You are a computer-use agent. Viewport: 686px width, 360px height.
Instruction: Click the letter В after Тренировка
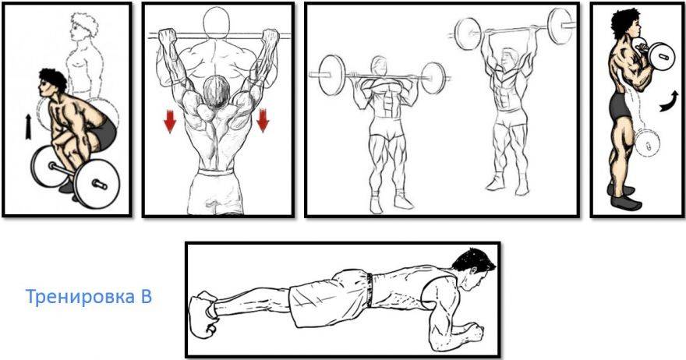pyautogui.click(x=147, y=297)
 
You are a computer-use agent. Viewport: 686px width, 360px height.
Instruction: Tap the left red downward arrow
pyautogui.click(x=169, y=121)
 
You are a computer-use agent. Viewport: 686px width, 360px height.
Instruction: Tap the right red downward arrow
pyautogui.click(x=263, y=120)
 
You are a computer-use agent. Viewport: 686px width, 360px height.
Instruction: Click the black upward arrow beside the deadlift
pyautogui.click(x=28, y=127)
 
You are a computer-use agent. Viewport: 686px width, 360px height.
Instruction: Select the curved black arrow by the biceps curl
pyautogui.click(x=670, y=101)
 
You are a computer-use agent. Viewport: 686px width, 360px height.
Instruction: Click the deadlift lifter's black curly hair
pyautogui.click(x=52, y=79)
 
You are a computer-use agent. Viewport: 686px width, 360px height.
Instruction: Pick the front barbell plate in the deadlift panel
pyautogui.click(x=96, y=183)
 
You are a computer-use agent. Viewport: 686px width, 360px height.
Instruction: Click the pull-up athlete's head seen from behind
pyautogui.click(x=217, y=91)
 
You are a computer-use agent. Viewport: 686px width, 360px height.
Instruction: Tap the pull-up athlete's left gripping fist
pyautogui.click(x=166, y=37)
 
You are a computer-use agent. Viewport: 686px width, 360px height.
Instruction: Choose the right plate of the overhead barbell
pyautogui.click(x=560, y=26)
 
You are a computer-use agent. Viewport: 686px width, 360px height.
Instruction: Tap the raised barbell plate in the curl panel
pyautogui.click(x=661, y=56)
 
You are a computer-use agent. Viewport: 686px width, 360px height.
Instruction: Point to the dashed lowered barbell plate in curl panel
pyautogui.click(x=646, y=143)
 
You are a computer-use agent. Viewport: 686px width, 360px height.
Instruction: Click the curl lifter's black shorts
pyautogui.click(x=620, y=106)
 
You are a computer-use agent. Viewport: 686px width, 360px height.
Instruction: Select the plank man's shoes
pyautogui.click(x=204, y=314)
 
